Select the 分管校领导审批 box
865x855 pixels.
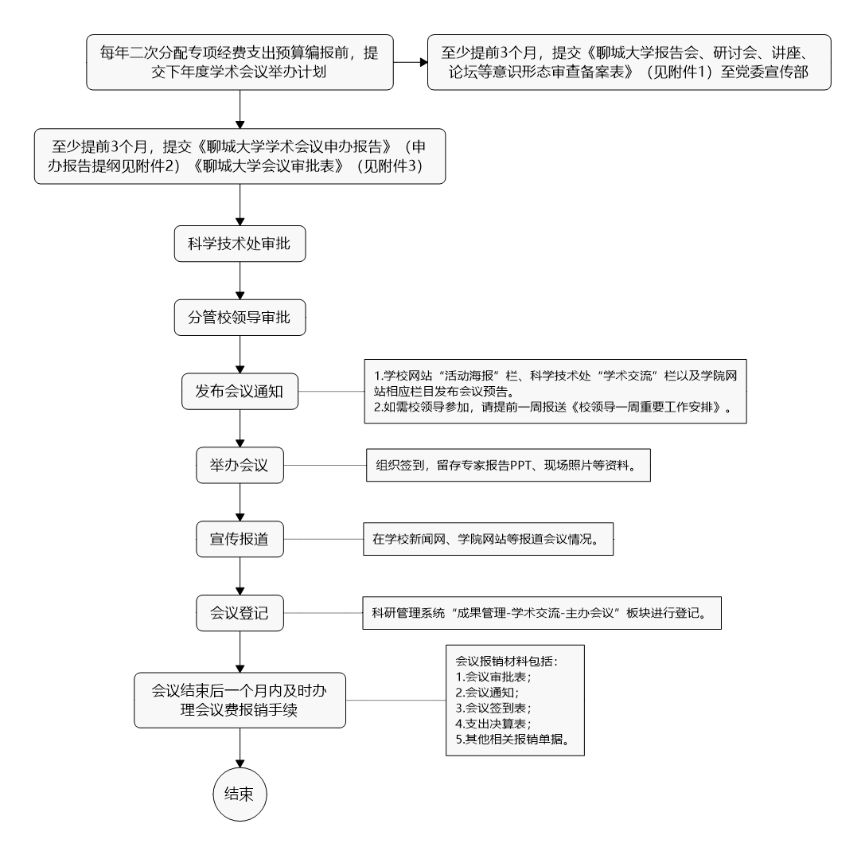[x=240, y=318]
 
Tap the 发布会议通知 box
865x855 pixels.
[x=240, y=392]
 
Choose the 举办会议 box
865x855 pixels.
[x=240, y=466]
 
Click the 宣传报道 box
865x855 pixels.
[x=240, y=540]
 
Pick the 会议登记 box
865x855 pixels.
[x=240, y=614]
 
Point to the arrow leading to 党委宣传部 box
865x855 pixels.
[x=411, y=61]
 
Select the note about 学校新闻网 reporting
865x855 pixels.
[x=490, y=540]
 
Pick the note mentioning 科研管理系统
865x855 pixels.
[x=541, y=614]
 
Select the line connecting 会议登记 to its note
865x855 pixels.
[x=321, y=614]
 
